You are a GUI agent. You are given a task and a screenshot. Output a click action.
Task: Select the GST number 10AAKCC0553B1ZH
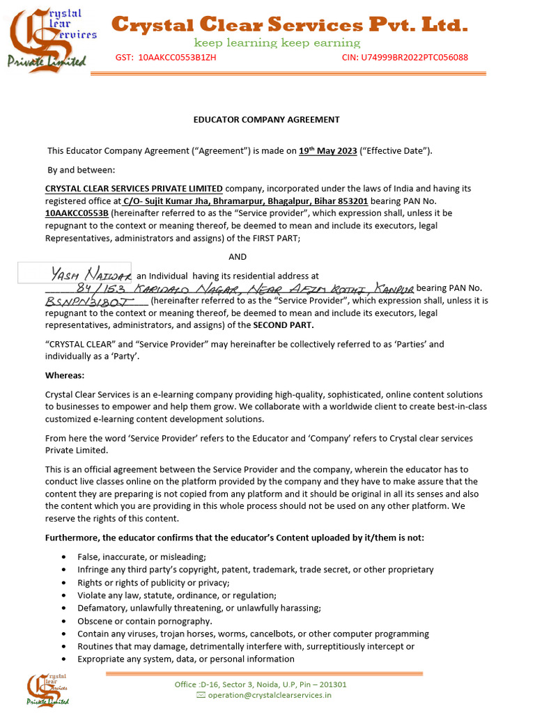point(177,57)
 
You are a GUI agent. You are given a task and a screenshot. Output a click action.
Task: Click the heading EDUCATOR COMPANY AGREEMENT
point(266,119)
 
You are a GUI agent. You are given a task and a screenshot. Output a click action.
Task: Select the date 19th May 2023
point(327,150)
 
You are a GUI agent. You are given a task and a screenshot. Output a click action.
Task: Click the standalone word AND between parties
point(238,257)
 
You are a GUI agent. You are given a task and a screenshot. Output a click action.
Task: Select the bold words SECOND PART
point(283,325)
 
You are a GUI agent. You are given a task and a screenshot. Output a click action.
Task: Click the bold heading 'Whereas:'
point(65,375)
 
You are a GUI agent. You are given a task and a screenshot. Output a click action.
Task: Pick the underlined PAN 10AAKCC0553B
point(77,213)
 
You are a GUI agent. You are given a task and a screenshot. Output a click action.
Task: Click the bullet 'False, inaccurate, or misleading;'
point(141,556)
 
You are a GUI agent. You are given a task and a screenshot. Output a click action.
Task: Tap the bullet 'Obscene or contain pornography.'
point(144,621)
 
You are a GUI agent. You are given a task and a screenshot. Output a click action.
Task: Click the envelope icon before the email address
point(201,695)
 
